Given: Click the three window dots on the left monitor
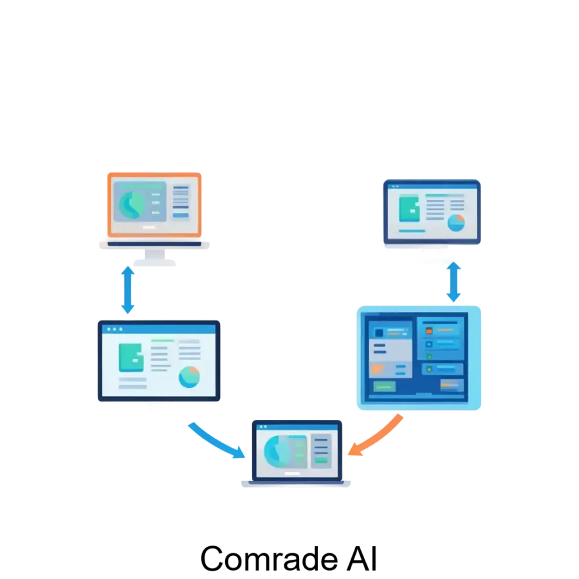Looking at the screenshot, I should (115, 329).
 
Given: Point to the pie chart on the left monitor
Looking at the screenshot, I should (189, 377).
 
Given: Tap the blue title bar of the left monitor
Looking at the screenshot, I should (158, 329).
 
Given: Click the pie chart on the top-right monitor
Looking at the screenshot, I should (456, 223).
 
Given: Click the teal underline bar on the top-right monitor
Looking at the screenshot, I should (412, 230).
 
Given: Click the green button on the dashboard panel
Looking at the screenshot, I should (385, 386).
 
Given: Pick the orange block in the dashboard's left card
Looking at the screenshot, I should (378, 369).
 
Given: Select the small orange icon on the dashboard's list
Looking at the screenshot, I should (429, 330).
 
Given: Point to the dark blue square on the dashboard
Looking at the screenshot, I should (379, 333).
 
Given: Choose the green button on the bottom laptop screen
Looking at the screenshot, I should (320, 460).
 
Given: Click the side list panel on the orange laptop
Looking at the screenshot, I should (181, 201).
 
